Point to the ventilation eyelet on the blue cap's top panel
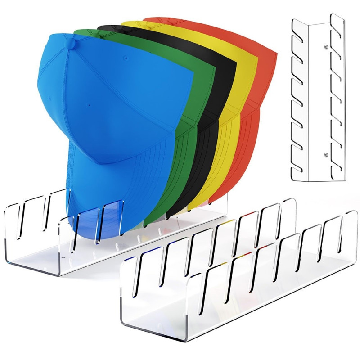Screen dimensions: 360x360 [x=126, y=58]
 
